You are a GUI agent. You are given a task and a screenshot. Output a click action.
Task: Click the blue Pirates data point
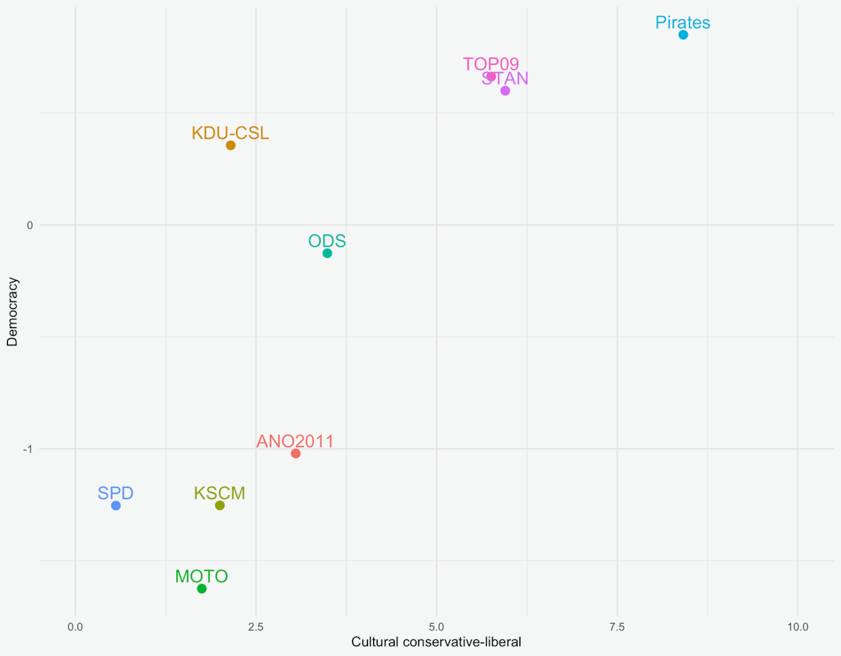pyautogui.click(x=683, y=35)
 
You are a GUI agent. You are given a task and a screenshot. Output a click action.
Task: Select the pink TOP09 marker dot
pyautogui.click(x=491, y=77)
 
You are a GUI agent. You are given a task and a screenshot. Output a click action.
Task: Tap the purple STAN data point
pyautogui.click(x=505, y=91)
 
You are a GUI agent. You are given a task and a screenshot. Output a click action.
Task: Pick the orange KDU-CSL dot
pyautogui.click(x=231, y=145)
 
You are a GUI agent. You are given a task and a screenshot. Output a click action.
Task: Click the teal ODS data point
pyautogui.click(x=327, y=253)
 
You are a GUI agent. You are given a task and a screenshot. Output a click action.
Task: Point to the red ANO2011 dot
pyautogui.click(x=296, y=453)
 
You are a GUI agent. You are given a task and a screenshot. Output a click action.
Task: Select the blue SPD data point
pyautogui.click(x=116, y=505)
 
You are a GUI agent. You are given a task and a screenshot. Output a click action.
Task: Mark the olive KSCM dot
pyautogui.click(x=220, y=505)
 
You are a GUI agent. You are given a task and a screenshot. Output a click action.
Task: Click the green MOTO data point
pyautogui.click(x=201, y=589)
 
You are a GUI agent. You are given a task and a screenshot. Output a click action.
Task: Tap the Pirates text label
pyautogui.click(x=682, y=22)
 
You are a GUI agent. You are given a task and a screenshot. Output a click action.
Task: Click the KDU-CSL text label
pyautogui.click(x=230, y=133)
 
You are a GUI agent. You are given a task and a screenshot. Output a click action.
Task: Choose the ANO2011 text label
pyautogui.click(x=295, y=441)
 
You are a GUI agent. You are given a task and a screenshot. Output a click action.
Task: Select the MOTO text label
pyautogui.click(x=201, y=576)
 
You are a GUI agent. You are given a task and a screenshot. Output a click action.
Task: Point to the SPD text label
pyautogui.click(x=115, y=493)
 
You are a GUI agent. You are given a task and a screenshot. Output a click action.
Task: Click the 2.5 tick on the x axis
pyautogui.click(x=256, y=627)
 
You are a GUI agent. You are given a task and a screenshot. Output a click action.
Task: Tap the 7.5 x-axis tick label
pyautogui.click(x=617, y=627)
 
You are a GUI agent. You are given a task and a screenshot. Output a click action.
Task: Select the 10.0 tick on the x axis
pyautogui.click(x=798, y=627)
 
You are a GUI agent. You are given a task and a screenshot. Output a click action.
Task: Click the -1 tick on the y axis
pyautogui.click(x=28, y=449)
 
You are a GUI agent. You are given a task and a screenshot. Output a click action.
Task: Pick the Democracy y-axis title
pyautogui.click(x=12, y=312)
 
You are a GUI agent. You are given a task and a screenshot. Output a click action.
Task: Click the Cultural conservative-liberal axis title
pyautogui.click(x=436, y=642)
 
